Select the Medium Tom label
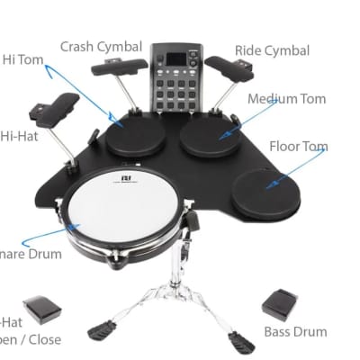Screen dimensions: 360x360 [x=287, y=98]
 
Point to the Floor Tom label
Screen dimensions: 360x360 [x=298, y=146]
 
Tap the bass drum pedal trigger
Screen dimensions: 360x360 [x=280, y=302]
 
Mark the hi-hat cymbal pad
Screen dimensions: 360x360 [x=54, y=105]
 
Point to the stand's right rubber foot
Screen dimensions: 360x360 [x=240, y=341]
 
